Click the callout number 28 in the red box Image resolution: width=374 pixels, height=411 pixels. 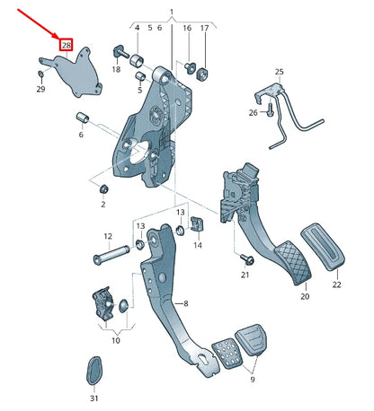[x=66, y=44]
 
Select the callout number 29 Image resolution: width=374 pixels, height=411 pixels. [x=40, y=89]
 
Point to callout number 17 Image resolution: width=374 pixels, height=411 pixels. [x=204, y=29]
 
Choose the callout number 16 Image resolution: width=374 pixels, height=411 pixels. [x=187, y=29]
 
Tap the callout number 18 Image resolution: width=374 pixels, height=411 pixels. [x=116, y=69]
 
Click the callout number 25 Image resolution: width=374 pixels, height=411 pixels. [x=279, y=71]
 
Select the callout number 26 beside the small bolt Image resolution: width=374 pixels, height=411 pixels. [x=252, y=112]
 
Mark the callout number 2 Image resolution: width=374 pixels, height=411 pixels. [x=103, y=205]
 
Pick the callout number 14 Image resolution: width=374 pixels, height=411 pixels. [x=198, y=245]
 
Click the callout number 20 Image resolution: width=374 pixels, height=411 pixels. [x=304, y=296]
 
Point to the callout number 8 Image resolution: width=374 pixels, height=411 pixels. [x=186, y=304]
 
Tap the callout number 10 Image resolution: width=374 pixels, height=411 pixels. [x=115, y=341]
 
